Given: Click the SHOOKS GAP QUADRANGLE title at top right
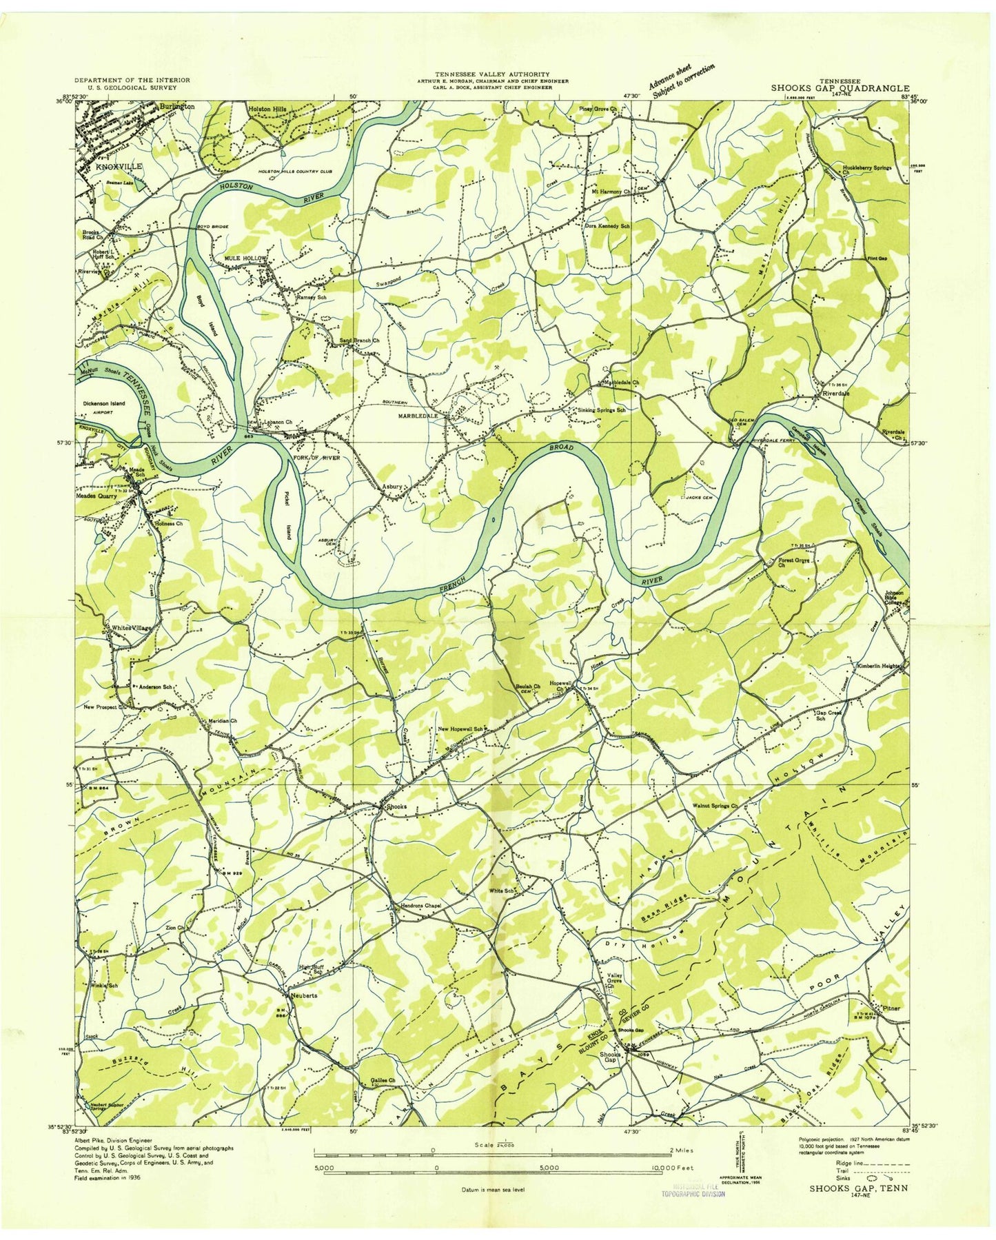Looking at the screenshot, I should coord(840,88).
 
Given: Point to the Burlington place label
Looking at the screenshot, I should coord(176,107).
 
